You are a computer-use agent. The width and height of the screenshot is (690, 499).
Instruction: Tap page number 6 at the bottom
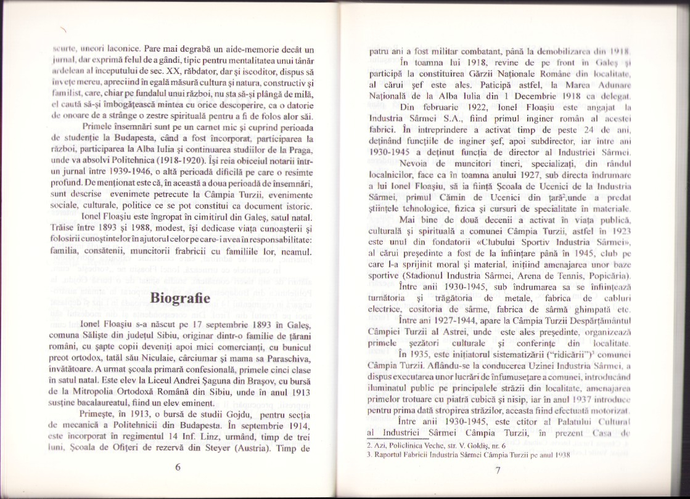pos(178,466)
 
